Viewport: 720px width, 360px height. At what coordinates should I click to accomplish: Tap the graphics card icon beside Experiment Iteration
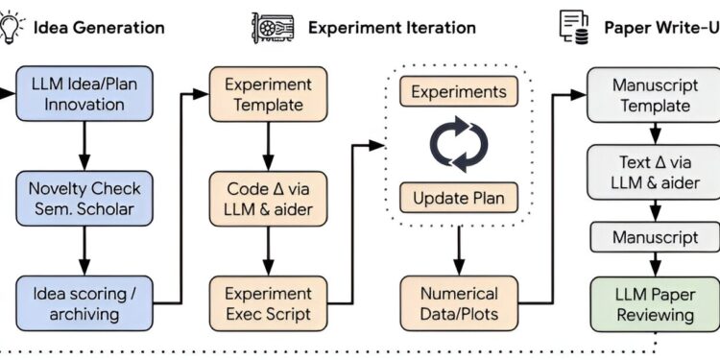tap(273, 27)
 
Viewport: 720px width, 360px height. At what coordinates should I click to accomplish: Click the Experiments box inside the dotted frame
tap(458, 92)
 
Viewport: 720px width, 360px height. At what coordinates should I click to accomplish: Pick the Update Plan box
tap(458, 199)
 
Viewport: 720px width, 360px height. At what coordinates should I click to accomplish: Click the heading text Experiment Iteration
tap(391, 27)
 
